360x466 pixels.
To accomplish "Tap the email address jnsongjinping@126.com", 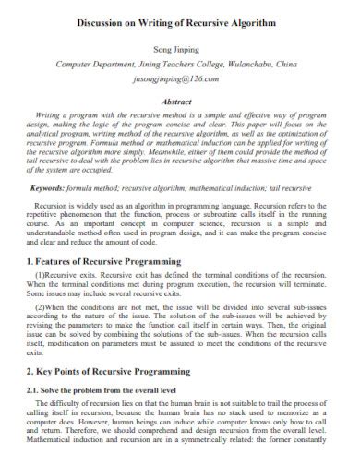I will (x=180, y=80).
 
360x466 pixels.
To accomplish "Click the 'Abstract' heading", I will (x=180, y=102).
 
